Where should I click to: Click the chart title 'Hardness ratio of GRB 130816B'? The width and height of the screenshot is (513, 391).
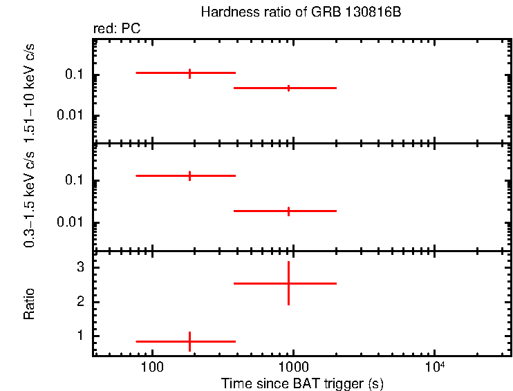tap(301, 12)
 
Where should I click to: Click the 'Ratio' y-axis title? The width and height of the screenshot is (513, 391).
tap(29, 303)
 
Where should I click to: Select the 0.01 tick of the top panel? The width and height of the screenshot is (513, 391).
tap(72, 115)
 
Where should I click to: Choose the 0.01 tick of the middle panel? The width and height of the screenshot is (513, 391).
tap(72, 222)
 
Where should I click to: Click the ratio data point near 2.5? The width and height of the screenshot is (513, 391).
tap(288, 283)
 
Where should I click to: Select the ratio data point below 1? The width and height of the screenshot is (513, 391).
tap(189, 341)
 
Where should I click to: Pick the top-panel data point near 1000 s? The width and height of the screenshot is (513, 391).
tap(288, 88)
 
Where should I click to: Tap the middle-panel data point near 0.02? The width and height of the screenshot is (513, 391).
tap(288, 211)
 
